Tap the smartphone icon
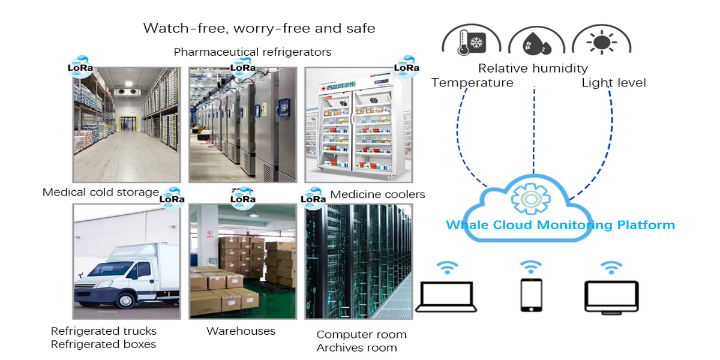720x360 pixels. tap(531, 295)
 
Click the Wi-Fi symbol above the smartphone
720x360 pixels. tap(531, 266)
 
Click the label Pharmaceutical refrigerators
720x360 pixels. tap(252, 52)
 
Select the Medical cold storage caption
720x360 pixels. tap(101, 193)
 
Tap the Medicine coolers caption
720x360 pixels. tap(377, 194)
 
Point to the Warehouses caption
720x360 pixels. tap(241, 331)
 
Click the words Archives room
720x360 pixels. tap(356, 348)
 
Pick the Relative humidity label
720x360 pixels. tap(533, 68)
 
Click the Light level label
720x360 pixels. tap(614, 83)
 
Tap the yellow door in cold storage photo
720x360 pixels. tap(127, 124)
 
